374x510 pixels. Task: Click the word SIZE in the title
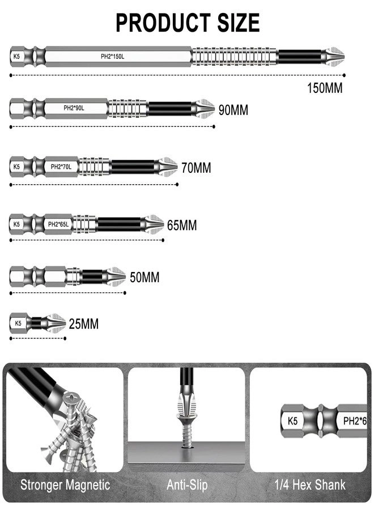tap(232, 23)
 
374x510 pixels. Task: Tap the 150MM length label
tap(325, 88)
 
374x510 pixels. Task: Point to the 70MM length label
tap(196, 168)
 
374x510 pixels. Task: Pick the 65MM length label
tap(182, 226)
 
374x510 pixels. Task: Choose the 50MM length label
tap(144, 278)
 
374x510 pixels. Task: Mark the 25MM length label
tap(83, 325)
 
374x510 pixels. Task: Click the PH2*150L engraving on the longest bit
tap(110, 57)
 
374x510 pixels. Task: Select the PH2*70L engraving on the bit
tap(61, 167)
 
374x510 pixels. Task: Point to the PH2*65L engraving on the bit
tap(58, 224)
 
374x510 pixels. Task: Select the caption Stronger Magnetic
tap(65, 485)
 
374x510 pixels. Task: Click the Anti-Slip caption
tap(187, 485)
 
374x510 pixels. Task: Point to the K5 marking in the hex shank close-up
tap(292, 421)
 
